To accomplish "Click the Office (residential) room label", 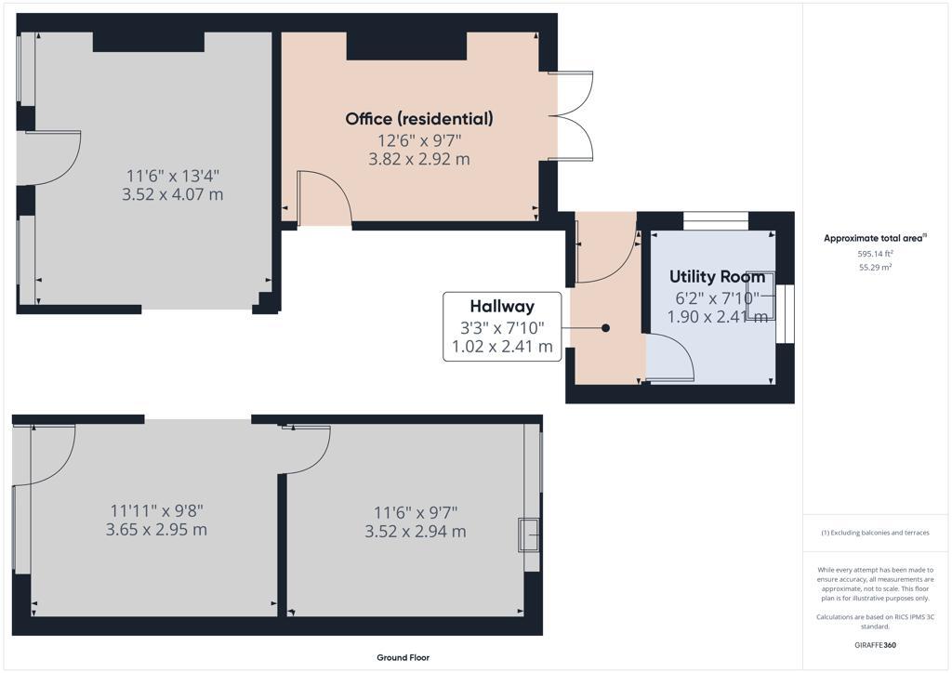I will click(x=419, y=119).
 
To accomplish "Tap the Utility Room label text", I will click(x=718, y=277).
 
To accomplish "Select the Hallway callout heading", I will click(x=502, y=307).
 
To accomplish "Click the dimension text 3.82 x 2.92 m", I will click(x=419, y=159).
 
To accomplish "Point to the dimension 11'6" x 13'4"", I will click(x=173, y=175).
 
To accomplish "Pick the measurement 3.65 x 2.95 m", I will click(x=156, y=530).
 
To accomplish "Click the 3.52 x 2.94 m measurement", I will click(x=416, y=532).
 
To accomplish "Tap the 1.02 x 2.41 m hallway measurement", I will click(x=502, y=349).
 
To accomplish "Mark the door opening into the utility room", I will click(x=669, y=359).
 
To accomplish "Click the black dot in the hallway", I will click(x=606, y=328).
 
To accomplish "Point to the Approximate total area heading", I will click(x=874, y=238).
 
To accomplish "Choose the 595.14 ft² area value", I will click(x=875, y=254).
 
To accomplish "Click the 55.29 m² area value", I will click(x=875, y=267).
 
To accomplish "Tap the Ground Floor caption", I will click(x=403, y=657).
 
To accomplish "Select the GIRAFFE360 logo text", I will click(x=875, y=644).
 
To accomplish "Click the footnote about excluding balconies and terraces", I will click(x=875, y=533).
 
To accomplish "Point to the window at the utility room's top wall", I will click(x=716, y=220).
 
